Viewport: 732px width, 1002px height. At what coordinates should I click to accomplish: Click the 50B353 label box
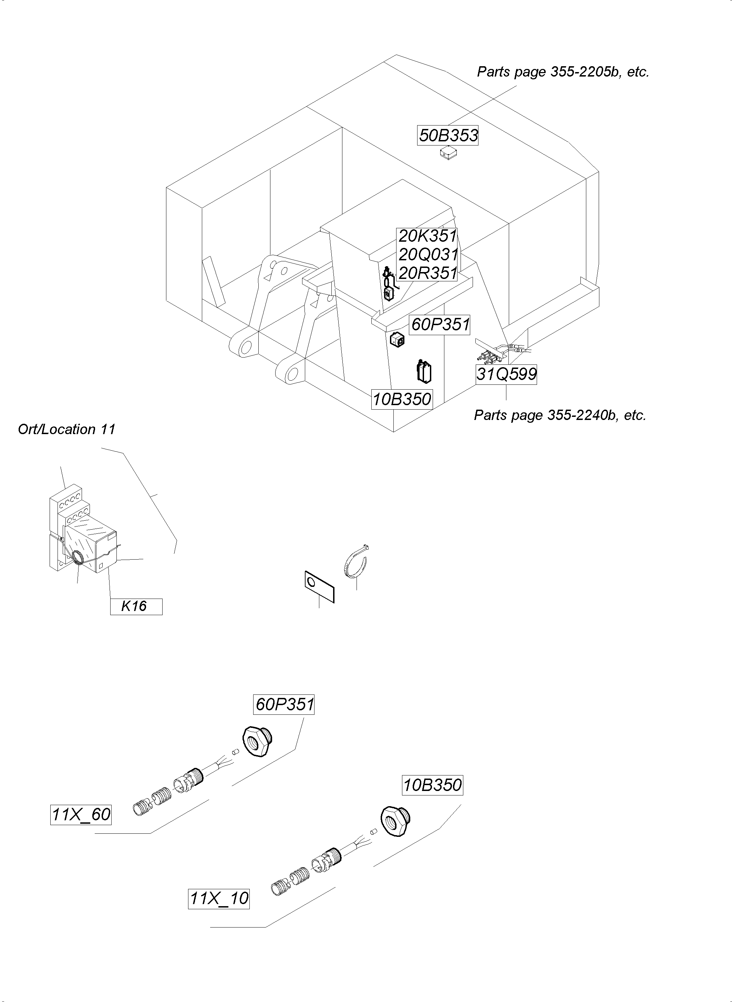[448, 135]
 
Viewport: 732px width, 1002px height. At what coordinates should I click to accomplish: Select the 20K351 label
[427, 236]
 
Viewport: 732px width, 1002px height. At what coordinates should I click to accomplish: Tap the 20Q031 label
[427, 254]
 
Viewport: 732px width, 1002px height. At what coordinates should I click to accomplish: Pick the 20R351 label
[427, 273]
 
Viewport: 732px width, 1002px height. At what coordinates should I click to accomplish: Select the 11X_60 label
[81, 814]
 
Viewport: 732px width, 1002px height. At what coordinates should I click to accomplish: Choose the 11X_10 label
[218, 899]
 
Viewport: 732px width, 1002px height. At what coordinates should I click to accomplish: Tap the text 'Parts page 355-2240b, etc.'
[560, 415]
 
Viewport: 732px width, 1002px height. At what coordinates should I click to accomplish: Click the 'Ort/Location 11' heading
[66, 429]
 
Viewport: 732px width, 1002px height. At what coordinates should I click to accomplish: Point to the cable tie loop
[356, 563]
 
